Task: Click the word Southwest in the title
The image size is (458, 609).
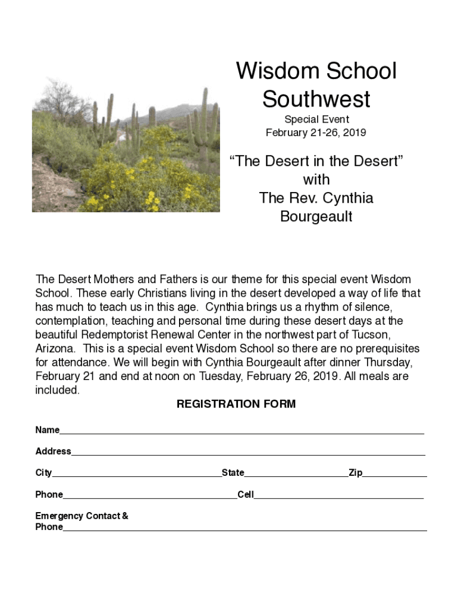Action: click(316, 99)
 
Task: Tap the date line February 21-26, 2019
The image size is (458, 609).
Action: click(316, 133)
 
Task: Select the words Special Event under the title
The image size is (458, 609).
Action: click(316, 120)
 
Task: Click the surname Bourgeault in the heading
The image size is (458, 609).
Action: click(316, 216)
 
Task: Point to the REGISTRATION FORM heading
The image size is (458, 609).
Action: click(236, 404)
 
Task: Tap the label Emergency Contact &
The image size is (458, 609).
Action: click(82, 516)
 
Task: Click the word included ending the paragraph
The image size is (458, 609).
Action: click(57, 390)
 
